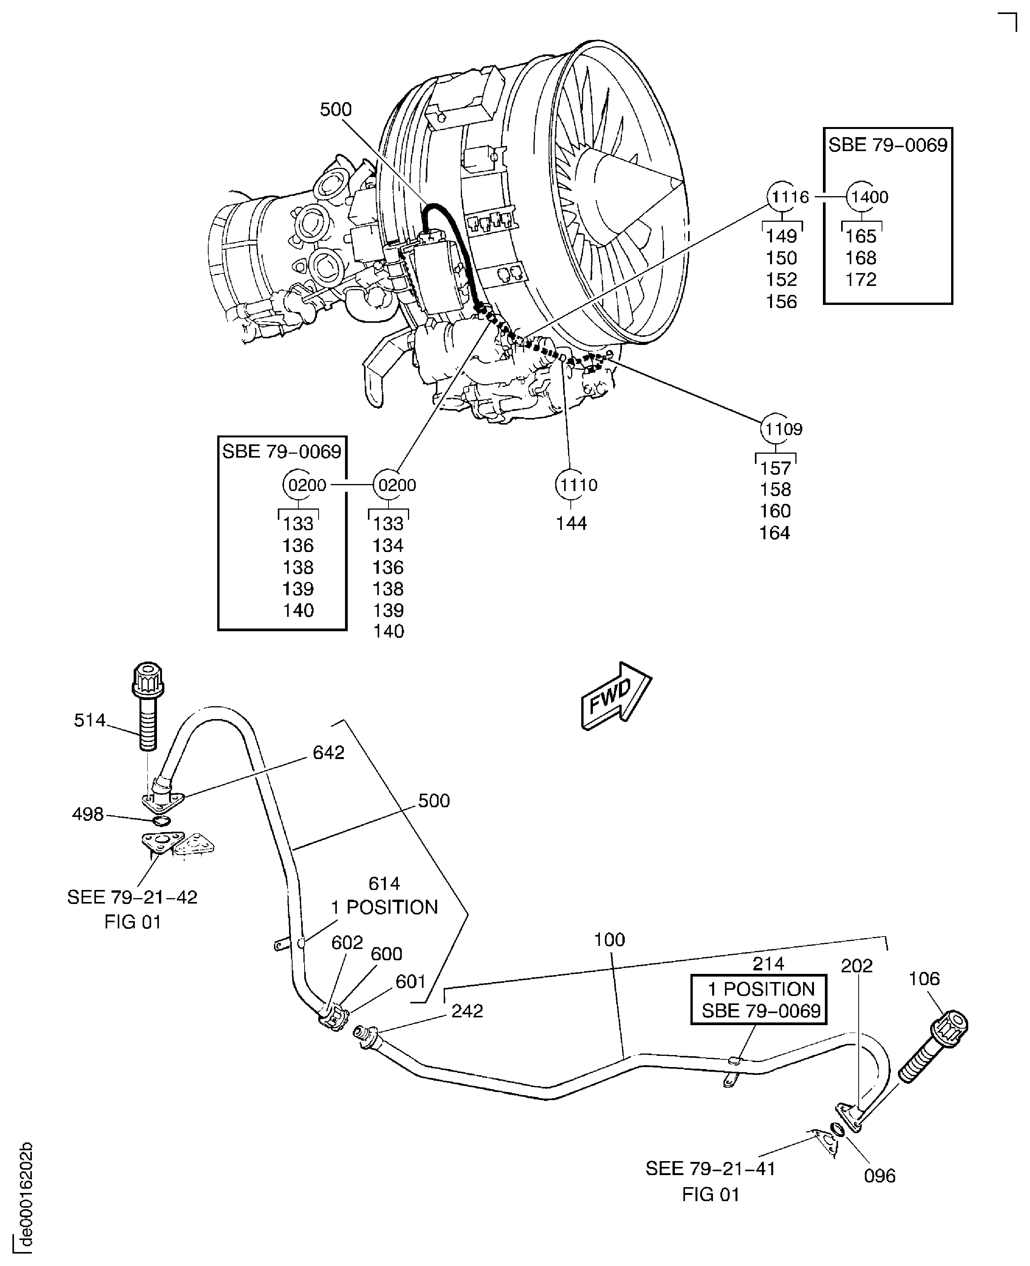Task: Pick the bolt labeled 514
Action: (x=147, y=705)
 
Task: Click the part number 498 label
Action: (x=88, y=815)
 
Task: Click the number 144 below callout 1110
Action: (x=571, y=523)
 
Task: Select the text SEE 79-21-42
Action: (x=132, y=897)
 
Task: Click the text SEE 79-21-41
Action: (x=710, y=1169)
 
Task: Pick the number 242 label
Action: (x=467, y=1011)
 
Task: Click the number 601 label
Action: (x=411, y=982)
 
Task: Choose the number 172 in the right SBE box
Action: (x=860, y=279)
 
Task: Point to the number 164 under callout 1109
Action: (x=775, y=533)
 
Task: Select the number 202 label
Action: (x=856, y=966)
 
